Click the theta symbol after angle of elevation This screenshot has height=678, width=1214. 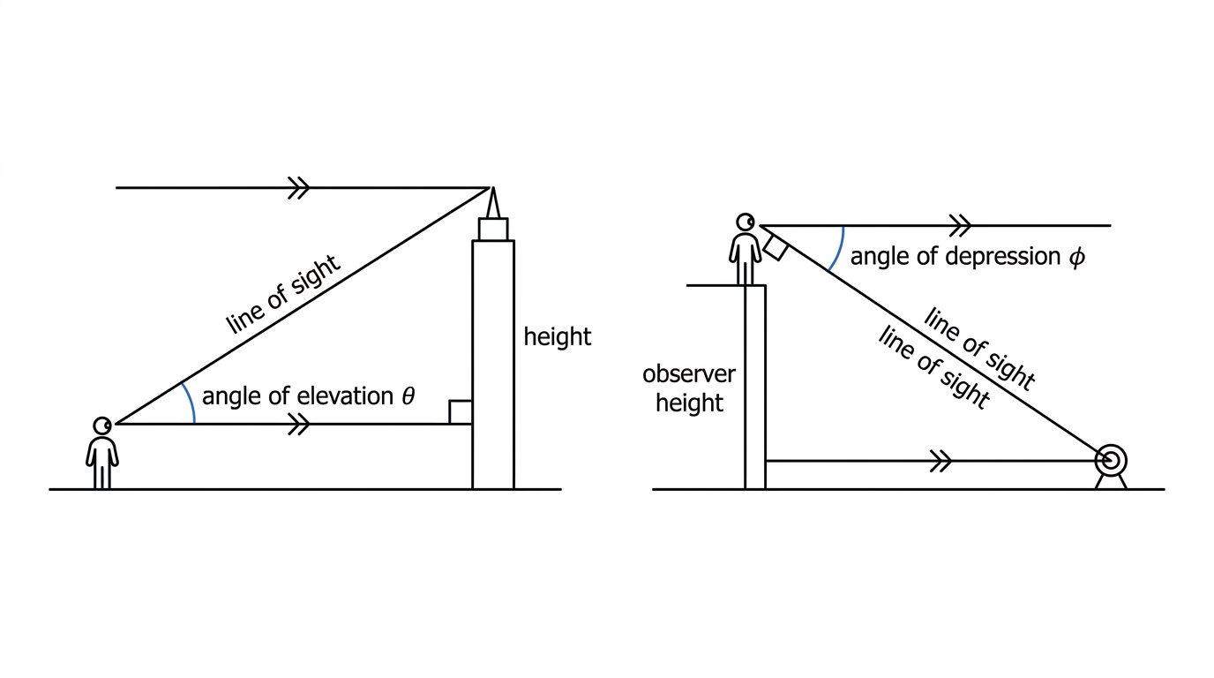pos(408,396)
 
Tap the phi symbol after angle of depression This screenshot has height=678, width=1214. pos(1076,257)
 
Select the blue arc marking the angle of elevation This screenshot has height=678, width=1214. pos(191,403)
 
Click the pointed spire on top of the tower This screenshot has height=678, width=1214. pos(492,203)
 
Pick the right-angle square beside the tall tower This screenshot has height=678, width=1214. pos(461,412)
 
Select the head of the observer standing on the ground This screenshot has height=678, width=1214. pos(101,426)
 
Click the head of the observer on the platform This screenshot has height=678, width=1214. pos(746,222)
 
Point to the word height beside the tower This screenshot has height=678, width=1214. pos(557,337)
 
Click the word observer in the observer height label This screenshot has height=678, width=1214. pos(689,374)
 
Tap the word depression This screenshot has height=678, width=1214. pos(1002,257)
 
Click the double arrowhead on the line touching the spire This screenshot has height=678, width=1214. pos(298,188)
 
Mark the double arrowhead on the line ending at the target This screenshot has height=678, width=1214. pos(940,461)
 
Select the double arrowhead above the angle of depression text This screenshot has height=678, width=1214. pos(960,225)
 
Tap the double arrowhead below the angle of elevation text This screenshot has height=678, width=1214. pos(298,424)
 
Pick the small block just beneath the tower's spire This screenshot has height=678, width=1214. pos(493,230)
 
